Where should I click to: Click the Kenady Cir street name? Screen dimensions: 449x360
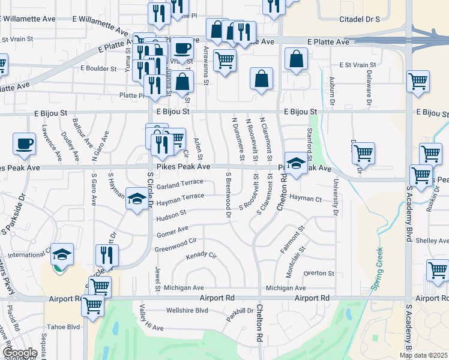click(201, 256)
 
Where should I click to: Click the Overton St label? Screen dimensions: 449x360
click(319, 273)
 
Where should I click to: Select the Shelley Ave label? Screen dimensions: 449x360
click(432, 240)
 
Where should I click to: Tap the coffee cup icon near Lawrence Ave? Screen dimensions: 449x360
click(25, 144)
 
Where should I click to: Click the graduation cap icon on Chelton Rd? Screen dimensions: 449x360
click(295, 163)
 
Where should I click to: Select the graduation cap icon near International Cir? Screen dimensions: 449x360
click(62, 254)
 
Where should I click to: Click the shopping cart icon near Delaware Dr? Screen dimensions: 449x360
click(418, 81)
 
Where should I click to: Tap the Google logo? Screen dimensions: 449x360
click(20, 353)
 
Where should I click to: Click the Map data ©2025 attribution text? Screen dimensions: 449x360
click(423, 355)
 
